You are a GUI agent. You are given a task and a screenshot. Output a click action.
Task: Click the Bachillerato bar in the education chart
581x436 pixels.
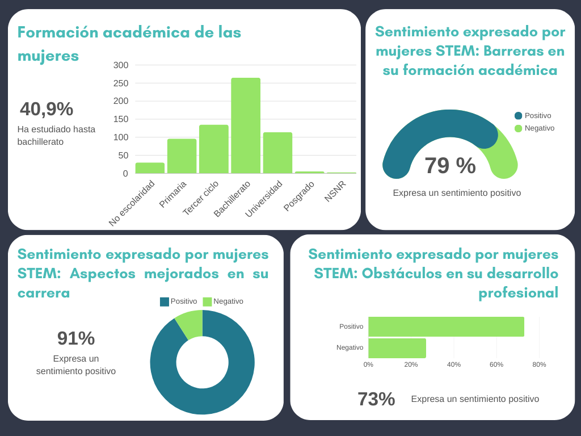(245, 125)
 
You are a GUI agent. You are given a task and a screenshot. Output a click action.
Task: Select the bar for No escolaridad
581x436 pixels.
(150, 168)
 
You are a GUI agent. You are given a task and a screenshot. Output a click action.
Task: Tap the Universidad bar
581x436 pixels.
(277, 153)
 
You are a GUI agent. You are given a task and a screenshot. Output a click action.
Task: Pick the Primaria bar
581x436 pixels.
(182, 156)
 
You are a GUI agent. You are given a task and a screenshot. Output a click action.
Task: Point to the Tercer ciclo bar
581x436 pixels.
(213, 149)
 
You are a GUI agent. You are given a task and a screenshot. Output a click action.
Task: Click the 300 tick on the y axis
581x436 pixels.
(121, 65)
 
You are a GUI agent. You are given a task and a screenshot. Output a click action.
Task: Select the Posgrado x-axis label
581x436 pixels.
(299, 196)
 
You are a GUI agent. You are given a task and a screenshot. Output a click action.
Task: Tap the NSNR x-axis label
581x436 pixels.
(335, 191)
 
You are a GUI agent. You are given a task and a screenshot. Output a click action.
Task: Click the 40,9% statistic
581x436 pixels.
(47, 109)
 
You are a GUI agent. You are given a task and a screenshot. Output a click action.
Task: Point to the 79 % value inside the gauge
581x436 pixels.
(450, 166)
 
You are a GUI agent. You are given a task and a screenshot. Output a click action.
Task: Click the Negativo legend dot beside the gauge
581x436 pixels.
(518, 128)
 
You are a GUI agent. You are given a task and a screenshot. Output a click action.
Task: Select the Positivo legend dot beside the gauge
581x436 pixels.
(518, 116)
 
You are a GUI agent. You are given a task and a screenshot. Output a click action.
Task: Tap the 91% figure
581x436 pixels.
(76, 338)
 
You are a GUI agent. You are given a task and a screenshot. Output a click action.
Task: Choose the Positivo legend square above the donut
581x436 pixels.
(165, 301)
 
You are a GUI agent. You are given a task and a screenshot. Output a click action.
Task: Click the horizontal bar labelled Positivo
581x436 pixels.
(446, 326)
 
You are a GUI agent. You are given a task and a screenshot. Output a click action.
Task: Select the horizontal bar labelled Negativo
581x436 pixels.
(397, 348)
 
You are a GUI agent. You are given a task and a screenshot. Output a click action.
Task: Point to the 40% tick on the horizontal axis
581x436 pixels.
(453, 364)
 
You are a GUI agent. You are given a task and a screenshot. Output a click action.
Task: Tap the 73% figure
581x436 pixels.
(376, 399)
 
